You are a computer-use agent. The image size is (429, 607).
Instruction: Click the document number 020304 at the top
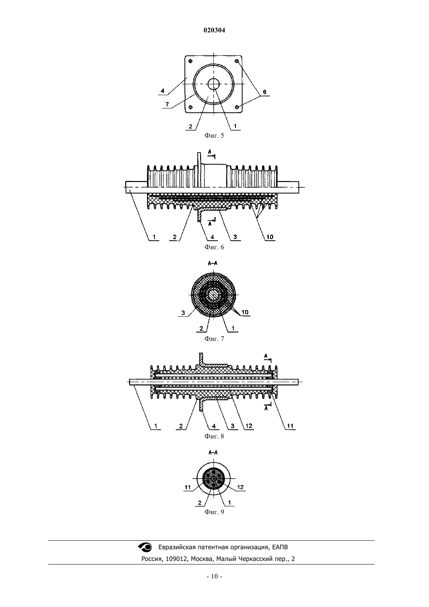[214, 30]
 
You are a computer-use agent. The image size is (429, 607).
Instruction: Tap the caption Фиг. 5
[214, 135]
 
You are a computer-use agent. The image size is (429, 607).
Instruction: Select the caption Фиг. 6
[214, 247]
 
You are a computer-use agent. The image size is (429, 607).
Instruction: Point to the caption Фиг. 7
[214, 339]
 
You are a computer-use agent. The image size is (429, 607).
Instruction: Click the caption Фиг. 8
[214, 436]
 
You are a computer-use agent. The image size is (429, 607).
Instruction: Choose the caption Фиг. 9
[214, 511]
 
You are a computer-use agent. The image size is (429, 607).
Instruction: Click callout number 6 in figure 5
[264, 92]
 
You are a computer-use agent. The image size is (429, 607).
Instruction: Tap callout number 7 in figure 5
[167, 104]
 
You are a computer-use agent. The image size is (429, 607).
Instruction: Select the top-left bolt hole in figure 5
[190, 61]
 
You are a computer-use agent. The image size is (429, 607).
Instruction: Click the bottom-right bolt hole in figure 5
[237, 107]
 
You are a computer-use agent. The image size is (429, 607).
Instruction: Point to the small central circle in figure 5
[214, 84]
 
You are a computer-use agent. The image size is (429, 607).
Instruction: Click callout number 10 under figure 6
[270, 237]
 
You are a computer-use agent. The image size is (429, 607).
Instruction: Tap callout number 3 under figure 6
[235, 237]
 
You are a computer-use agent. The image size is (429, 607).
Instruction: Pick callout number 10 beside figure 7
[245, 312]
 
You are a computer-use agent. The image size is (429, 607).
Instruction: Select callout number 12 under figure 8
[249, 426]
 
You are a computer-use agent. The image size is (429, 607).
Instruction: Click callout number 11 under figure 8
[290, 426]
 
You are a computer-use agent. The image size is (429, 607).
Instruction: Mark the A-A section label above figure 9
[213, 452]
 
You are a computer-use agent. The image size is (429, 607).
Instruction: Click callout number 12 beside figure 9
[241, 487]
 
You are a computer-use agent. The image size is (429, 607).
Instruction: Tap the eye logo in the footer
[145, 547]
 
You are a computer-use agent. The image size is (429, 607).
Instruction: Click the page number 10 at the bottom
[214, 576]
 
